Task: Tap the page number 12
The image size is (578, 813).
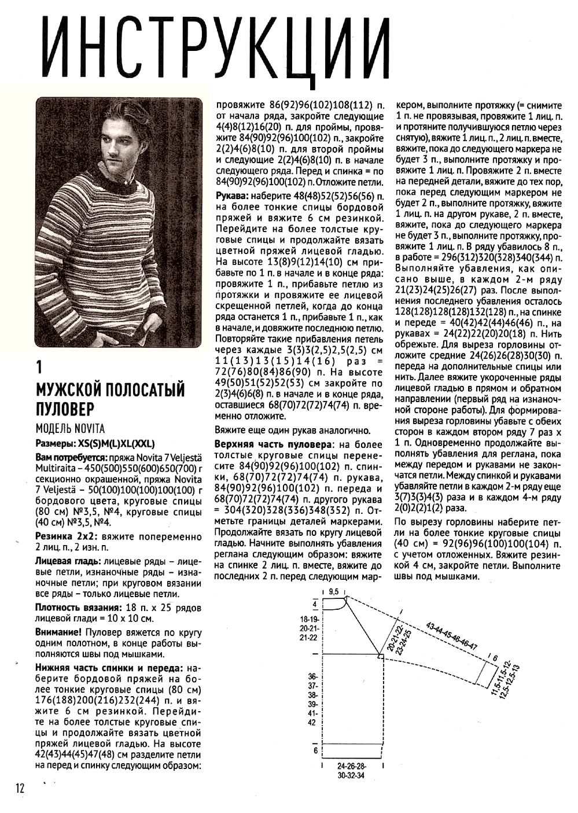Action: (x=20, y=788)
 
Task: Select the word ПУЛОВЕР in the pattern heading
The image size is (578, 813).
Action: (x=64, y=409)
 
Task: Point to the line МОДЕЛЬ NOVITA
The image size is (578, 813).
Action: (x=70, y=429)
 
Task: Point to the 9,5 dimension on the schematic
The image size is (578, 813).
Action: (x=333, y=593)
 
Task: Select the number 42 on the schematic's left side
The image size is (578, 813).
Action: (x=312, y=722)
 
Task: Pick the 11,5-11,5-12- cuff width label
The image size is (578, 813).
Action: (x=499, y=677)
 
